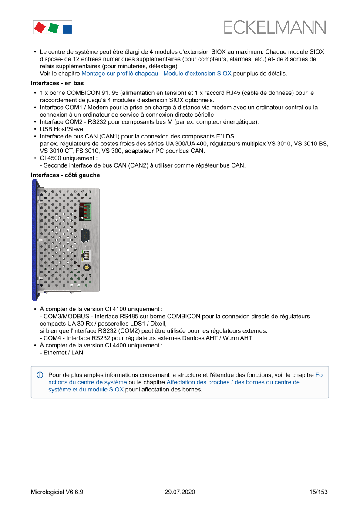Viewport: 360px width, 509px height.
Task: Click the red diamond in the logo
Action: coord(40,28)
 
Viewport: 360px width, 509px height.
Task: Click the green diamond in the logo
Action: coord(54,28)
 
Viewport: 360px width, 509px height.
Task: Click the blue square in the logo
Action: coord(67,29)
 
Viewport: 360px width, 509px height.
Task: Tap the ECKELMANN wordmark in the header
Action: coord(275,27)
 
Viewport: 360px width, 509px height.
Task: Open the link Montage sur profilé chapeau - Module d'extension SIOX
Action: coord(156,74)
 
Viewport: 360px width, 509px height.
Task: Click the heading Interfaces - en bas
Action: coord(57,83)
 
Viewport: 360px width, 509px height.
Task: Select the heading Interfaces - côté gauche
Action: coord(65,175)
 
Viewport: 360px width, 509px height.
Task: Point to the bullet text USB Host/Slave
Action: coord(61,129)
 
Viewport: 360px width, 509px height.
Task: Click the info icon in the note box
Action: coord(40,375)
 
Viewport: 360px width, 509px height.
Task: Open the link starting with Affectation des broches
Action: coord(233,382)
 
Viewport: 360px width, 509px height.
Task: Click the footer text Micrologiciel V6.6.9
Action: coord(57,492)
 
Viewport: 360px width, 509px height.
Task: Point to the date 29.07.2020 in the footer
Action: coord(180,492)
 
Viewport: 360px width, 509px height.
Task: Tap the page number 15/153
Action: coord(318,492)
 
